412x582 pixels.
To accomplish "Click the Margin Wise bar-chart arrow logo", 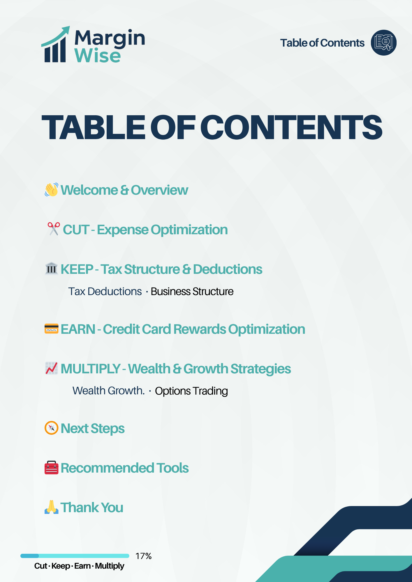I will coord(56,45).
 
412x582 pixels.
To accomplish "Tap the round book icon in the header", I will coord(383,43).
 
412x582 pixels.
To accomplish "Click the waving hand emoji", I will coord(52,190).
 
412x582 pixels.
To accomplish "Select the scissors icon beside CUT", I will coord(54,229).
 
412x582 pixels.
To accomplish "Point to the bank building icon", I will coord(52,269).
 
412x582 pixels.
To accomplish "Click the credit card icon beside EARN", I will coord(52,329).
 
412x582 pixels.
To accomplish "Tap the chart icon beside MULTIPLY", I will coord(52,368).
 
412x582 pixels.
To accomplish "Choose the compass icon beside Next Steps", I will coord(52,428).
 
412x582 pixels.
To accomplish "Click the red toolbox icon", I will coord(52,468).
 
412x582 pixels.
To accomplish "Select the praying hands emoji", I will coord(52,507).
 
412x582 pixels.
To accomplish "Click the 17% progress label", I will coord(143,556).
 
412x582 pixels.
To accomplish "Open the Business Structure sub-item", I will coord(192,292).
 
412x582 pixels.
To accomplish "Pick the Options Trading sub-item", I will coord(191,391).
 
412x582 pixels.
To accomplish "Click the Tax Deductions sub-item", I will coord(105,292).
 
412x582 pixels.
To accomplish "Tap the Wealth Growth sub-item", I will coord(108,391).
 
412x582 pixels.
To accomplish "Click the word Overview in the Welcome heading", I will coord(159,190).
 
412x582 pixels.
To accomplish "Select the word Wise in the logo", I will coord(97,56).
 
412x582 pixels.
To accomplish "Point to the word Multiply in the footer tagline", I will coord(110,566).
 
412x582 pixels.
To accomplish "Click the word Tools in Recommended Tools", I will coord(172,468).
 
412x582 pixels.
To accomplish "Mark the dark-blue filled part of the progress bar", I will coord(29,556).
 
